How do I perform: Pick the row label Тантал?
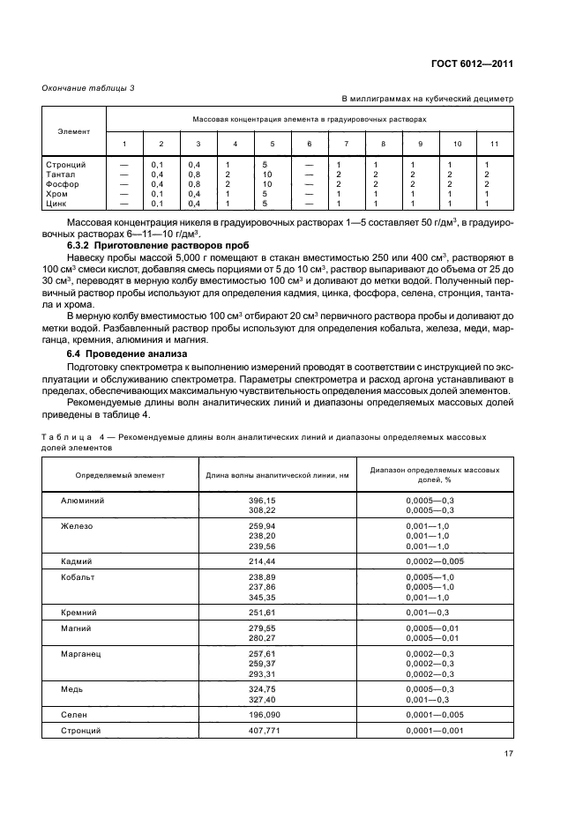point(59,174)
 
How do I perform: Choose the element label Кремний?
point(79,611)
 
